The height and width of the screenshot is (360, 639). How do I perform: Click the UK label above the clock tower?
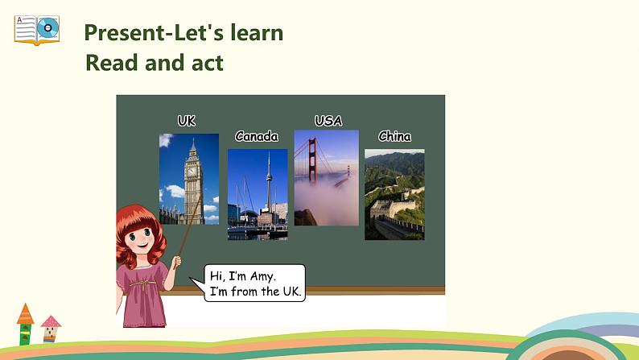tap(186, 121)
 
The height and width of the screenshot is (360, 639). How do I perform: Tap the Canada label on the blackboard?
tap(257, 136)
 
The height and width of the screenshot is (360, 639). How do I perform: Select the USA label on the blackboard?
tap(328, 121)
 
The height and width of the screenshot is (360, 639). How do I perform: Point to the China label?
tap(394, 136)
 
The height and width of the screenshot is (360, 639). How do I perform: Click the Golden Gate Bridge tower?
tap(309, 161)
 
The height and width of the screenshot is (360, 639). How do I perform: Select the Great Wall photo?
tap(394, 194)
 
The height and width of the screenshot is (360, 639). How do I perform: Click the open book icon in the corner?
tap(36, 30)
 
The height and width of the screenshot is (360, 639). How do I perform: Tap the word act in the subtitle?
tap(204, 63)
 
